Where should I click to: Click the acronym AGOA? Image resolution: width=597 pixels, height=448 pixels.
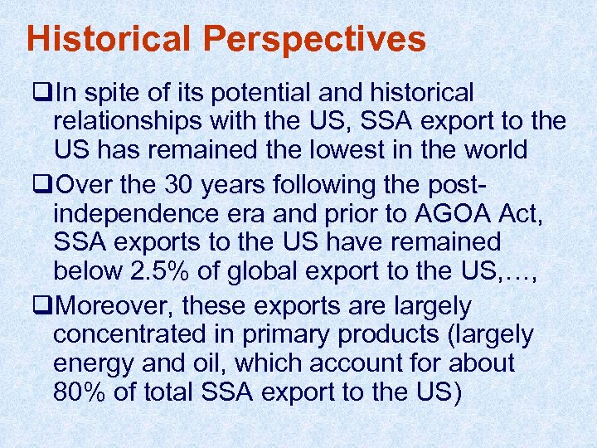click(454, 212)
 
